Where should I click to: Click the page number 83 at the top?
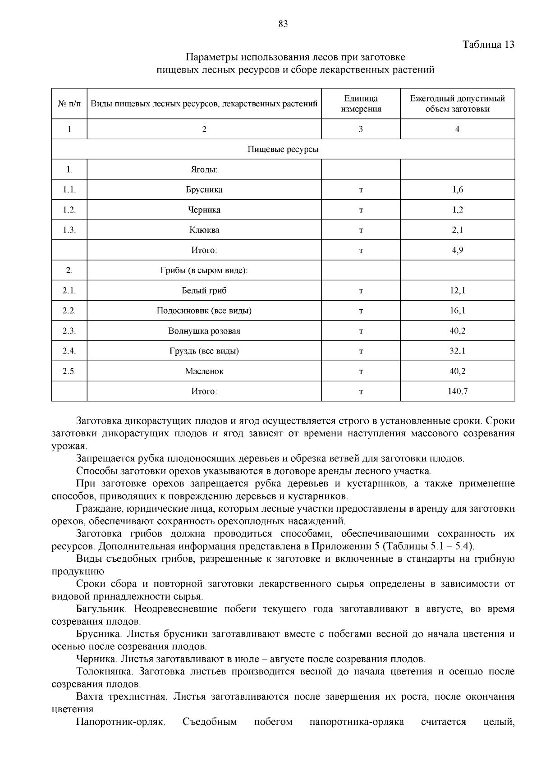coord(283,24)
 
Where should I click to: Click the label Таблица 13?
coord(488,45)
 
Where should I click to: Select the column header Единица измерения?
coord(361,104)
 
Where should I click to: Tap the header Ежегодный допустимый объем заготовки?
coord(457,104)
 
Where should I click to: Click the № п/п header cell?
coord(69,104)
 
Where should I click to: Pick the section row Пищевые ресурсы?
coord(283,149)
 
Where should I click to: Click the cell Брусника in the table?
coord(204,189)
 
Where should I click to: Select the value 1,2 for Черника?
coord(457,210)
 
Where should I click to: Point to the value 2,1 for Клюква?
coord(457,230)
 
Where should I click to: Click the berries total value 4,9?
coord(457,250)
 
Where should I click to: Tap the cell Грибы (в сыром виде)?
coord(204,270)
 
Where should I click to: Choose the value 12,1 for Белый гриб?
coord(457,291)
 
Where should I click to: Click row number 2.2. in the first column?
coord(69,311)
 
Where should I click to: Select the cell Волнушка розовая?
coord(204,331)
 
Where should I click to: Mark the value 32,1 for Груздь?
coord(457,351)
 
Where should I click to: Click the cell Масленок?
coord(204,371)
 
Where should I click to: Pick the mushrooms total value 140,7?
coord(457,391)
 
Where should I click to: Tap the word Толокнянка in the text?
coord(104,672)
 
